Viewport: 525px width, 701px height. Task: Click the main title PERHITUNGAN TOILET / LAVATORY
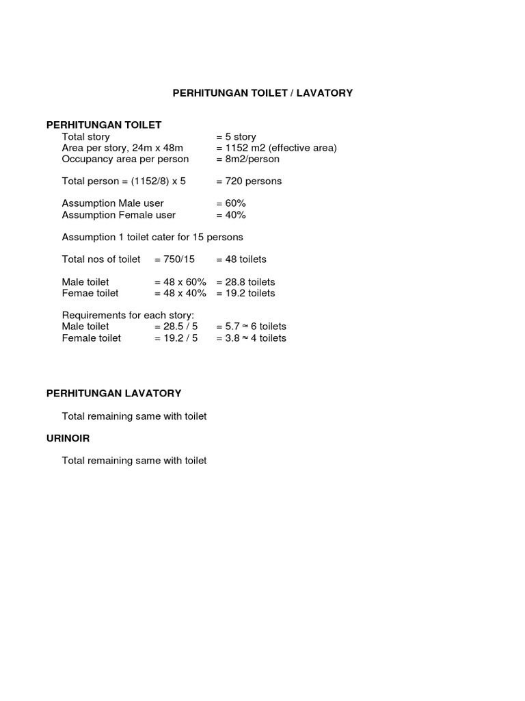262,92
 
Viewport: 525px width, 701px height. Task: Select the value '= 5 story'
236,137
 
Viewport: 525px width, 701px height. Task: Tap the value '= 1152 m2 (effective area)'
276,148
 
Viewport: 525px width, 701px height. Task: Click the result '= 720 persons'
249,181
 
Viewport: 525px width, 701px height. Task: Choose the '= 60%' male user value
231,203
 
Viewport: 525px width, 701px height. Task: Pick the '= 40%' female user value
231,215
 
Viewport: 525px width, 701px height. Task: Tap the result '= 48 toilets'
241,259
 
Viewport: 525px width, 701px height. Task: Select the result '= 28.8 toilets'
245,282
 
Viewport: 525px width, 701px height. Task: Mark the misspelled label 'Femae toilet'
90,293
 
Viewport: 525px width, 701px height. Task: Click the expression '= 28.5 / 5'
176,327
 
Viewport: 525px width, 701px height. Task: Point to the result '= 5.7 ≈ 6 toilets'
251,327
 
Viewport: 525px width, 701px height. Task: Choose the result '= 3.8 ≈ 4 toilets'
251,338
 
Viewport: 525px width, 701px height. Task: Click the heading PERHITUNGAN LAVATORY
113,394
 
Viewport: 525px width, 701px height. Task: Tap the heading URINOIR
68,438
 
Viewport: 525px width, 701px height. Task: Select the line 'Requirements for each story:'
128,316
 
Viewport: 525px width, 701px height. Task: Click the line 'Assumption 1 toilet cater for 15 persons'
152,237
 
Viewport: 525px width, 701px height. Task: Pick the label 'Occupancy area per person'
125,159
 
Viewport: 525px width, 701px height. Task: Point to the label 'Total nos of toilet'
101,259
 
